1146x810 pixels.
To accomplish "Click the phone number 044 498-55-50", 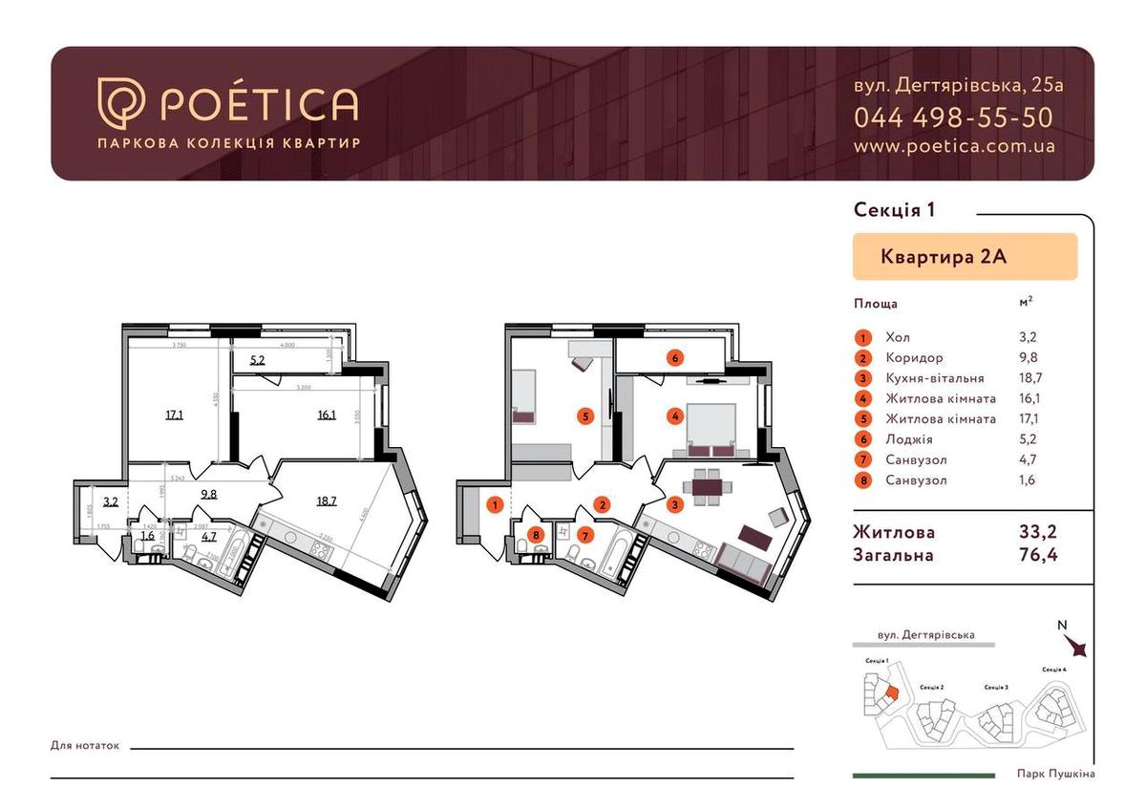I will tap(953, 117).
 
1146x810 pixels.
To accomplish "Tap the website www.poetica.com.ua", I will tap(953, 146).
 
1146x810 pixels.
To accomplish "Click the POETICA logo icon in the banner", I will tap(121, 102).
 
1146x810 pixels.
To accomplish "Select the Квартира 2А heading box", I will tap(965, 256).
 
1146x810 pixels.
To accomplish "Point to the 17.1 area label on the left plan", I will tap(174, 415).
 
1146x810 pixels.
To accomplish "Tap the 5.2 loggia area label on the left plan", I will tap(258, 360).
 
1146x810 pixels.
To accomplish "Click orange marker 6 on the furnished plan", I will tap(675, 358).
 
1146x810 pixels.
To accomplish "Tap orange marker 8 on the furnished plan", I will tap(537, 535).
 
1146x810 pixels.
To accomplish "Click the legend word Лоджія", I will tap(904, 438).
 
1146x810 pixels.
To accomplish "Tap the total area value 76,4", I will tap(1038, 554).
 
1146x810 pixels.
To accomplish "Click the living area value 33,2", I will tap(1038, 532).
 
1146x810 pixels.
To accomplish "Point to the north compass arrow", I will tap(1078, 647).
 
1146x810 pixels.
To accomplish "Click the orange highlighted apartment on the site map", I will tap(890, 695).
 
